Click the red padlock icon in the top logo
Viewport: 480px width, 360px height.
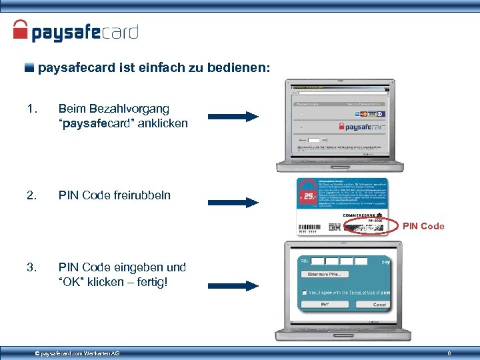pos(21,29)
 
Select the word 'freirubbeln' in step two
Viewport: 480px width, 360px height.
pos(141,195)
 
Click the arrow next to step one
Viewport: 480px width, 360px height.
pos(233,117)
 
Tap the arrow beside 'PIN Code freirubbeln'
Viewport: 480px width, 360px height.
pos(233,203)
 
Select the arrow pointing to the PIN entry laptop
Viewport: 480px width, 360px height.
pos(233,286)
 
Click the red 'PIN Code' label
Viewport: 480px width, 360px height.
pos(423,227)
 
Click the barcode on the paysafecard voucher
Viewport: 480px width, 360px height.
pos(311,227)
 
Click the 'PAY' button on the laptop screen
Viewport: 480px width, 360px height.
pos(325,304)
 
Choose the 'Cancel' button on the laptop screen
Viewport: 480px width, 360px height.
pos(379,304)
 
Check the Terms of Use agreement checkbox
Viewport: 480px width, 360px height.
pos(304,292)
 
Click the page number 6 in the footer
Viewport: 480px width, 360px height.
pos(449,353)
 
